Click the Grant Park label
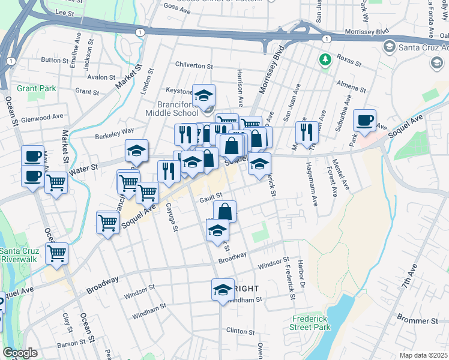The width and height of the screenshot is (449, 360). click(x=37, y=88)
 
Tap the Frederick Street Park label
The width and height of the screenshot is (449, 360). click(x=312, y=323)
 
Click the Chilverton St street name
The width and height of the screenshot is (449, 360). click(x=194, y=65)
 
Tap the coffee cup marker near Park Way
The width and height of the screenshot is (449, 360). click(x=364, y=121)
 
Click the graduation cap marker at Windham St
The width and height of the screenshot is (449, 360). click(x=223, y=290)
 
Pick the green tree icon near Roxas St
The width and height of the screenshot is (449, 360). click(x=325, y=59)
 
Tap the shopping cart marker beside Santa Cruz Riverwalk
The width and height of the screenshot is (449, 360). click(x=56, y=253)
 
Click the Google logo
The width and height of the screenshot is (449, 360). click(x=20, y=353)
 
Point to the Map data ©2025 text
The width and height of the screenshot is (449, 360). click(x=423, y=355)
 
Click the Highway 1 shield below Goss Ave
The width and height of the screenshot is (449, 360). click(x=140, y=31)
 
